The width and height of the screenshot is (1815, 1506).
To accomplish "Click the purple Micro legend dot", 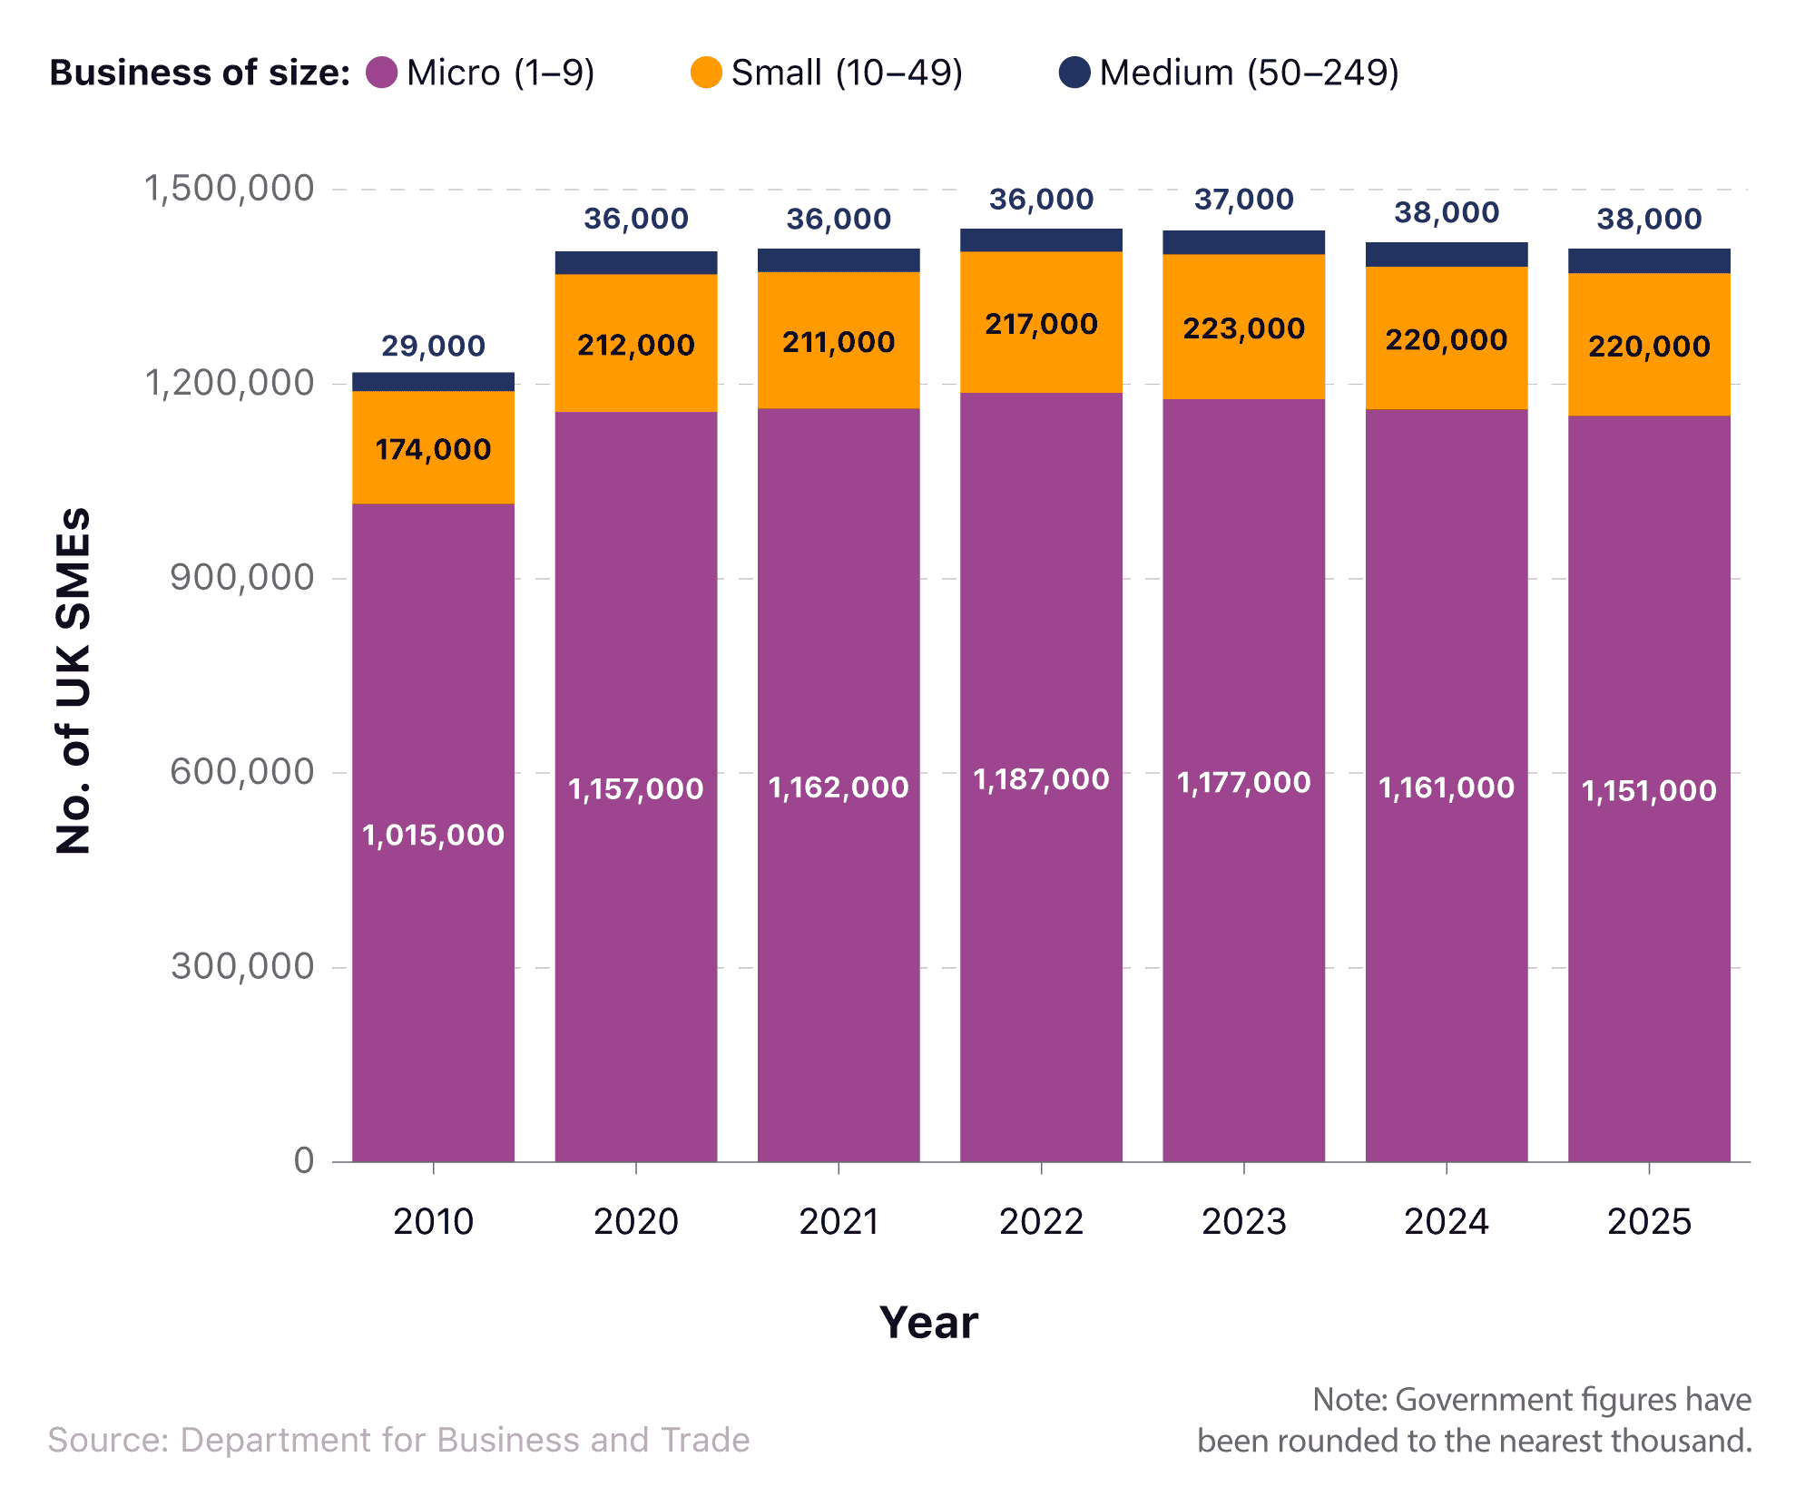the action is point(381,73).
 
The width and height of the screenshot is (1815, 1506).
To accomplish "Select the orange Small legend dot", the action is point(706,73).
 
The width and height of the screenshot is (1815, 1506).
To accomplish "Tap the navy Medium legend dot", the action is point(1074,73).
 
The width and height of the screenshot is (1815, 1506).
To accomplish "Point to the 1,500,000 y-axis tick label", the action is point(230,189).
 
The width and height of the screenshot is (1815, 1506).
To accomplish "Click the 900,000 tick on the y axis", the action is point(242,577).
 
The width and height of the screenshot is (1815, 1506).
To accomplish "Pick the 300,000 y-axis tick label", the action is point(242,966).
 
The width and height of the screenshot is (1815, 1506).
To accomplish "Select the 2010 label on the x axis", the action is point(434,1221).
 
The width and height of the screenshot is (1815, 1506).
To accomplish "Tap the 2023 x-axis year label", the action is point(1244,1221).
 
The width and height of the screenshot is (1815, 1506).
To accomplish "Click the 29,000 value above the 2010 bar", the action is point(434,346).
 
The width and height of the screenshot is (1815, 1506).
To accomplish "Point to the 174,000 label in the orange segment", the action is point(434,449).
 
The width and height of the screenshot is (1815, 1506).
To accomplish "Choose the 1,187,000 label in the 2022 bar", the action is point(1042,779).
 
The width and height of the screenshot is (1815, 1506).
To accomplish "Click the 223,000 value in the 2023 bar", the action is point(1244,328).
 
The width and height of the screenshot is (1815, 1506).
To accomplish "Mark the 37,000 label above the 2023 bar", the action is point(1244,200).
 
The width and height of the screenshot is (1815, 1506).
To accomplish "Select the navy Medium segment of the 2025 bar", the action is point(1649,261).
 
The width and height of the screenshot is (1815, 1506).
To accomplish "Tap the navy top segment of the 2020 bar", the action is point(636,263).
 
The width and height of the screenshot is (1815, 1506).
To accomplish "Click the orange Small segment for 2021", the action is point(839,340).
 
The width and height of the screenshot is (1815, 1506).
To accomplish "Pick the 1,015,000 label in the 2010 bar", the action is point(434,835).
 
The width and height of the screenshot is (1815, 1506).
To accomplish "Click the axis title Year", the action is point(929,1323).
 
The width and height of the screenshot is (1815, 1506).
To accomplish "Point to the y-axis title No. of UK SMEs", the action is point(74,680).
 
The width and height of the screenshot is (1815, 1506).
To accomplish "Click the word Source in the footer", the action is point(109,1440).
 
